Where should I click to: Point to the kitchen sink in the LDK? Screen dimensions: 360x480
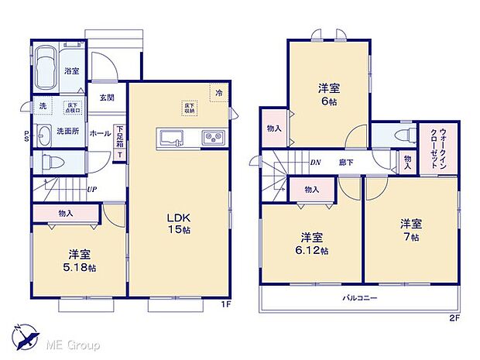(171, 139)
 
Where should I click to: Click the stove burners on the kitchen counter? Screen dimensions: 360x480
(213, 139)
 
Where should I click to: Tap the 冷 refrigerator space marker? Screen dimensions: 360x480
(218, 91)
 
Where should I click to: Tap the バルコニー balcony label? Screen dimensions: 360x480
(361, 298)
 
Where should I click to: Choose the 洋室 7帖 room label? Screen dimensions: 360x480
(411, 230)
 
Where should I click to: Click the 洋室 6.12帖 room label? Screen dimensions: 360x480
(311, 244)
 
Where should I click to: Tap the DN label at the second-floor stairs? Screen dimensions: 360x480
(316, 163)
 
